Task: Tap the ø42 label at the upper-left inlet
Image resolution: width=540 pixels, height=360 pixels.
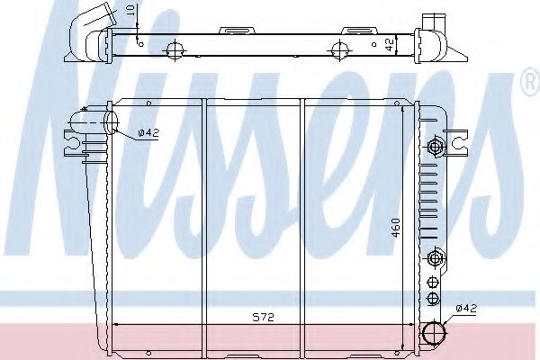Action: (149, 134)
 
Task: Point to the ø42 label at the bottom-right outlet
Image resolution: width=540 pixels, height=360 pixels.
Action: (466, 309)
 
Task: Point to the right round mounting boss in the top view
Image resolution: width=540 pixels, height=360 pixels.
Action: (341, 49)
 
